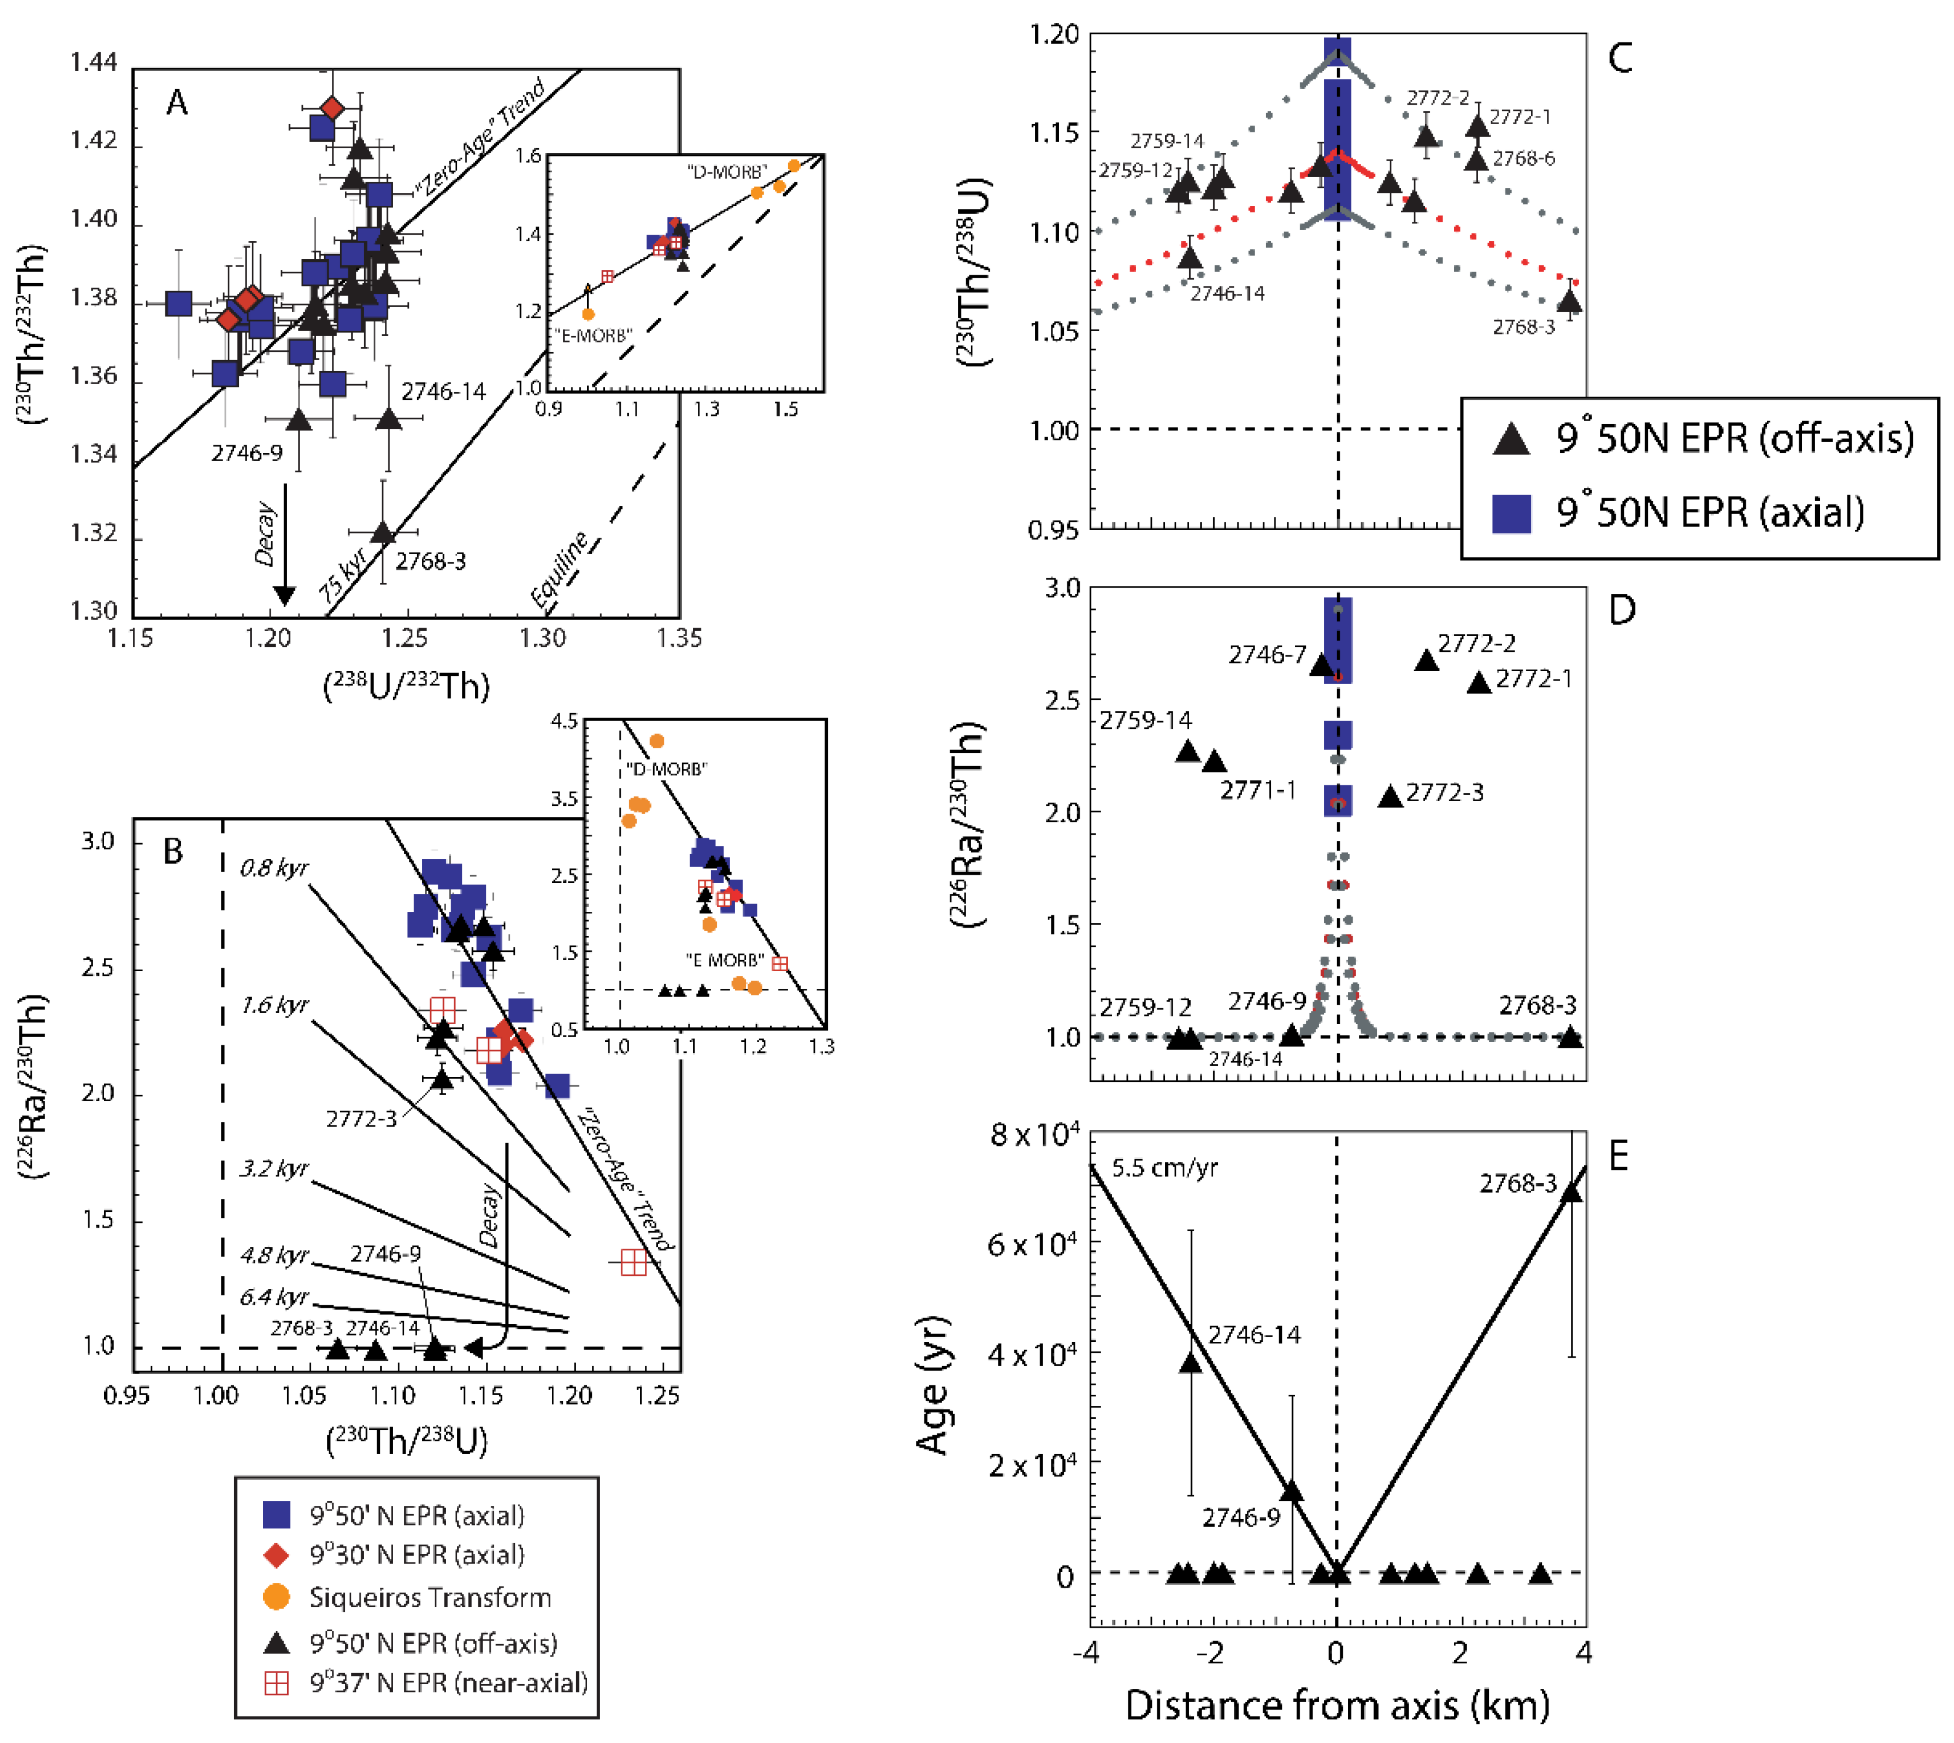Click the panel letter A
tap(177, 102)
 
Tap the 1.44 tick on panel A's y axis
tap(94, 63)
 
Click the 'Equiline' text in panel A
tap(560, 571)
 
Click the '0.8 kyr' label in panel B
tap(274, 868)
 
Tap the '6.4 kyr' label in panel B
tap(274, 1297)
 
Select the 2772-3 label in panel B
tap(361, 1119)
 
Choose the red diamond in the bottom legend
tap(276, 1555)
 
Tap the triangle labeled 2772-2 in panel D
tap(1426, 661)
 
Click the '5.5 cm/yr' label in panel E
tap(1165, 1168)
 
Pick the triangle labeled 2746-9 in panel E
tap(1291, 1492)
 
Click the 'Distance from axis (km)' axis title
tap(1337, 1706)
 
